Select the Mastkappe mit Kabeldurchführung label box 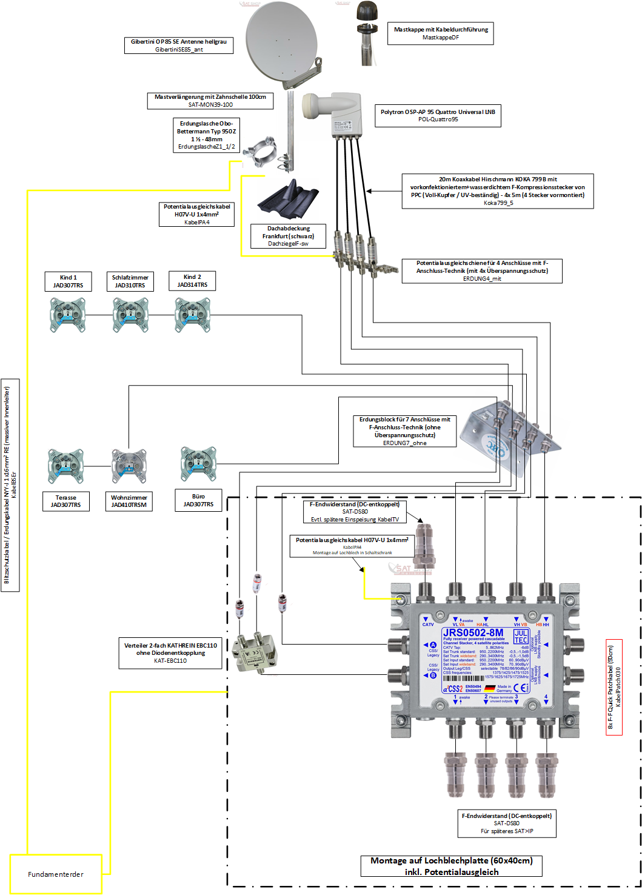pos(441,33)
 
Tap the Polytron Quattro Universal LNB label pos(438,115)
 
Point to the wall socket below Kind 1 pos(67,315)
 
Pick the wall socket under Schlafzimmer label pos(130,315)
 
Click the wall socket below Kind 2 pos(192,315)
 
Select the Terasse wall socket pos(65,466)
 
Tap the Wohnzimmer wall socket pos(129,466)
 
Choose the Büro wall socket pos(198,464)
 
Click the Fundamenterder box pos(56,874)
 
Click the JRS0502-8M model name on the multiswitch pos(473,632)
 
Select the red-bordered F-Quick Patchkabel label pos(614,687)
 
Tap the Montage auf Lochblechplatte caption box pos(452,866)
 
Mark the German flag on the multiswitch pos(489,688)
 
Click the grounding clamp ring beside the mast pos(264,151)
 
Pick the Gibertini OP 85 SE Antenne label pos(179,45)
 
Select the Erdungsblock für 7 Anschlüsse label pos(405,431)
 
